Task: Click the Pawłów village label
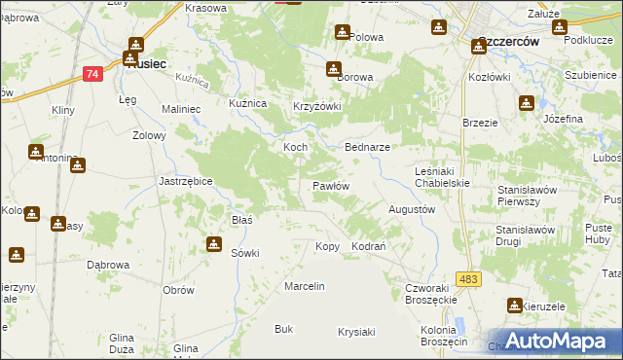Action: coord(330,185)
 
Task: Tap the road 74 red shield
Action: coord(92,73)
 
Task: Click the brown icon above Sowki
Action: coord(213,243)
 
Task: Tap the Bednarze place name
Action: coord(368,147)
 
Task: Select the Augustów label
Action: coord(411,209)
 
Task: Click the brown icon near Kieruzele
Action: coord(514,306)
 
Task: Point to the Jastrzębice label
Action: coord(186,181)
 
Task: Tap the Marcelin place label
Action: coord(304,287)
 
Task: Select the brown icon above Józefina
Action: coord(527,102)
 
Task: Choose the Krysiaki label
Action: coord(356,332)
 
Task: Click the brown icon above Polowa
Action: coord(342,32)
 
